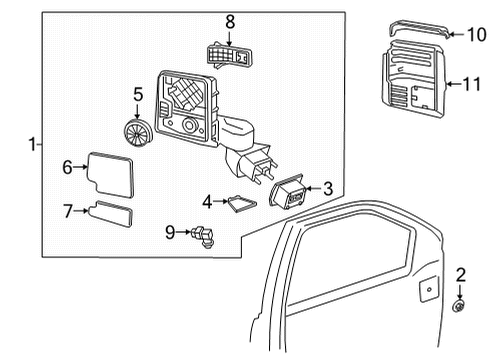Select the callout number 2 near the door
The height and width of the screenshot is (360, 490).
[x=461, y=275]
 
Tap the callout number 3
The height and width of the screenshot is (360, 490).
[x=327, y=189]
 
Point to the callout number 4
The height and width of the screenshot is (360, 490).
[x=208, y=202]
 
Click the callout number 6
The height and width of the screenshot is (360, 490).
[x=67, y=167]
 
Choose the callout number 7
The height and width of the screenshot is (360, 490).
[x=67, y=211]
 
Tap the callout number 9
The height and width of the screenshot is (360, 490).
[x=169, y=233]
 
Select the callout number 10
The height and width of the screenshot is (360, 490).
[x=474, y=32]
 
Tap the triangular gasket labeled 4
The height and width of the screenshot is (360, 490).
[x=241, y=203]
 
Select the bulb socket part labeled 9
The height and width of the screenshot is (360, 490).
[x=207, y=238]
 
